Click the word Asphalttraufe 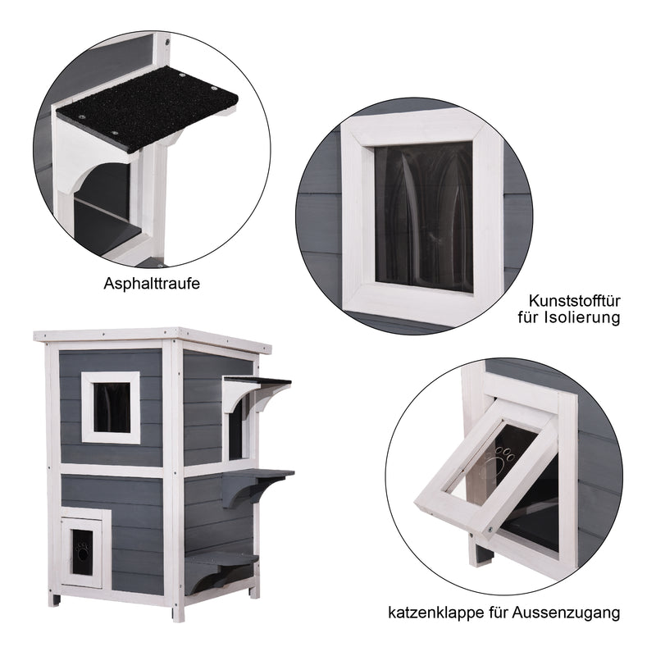152,283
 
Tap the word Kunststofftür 574,300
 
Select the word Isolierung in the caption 582,317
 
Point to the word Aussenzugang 566,613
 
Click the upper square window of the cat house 111,407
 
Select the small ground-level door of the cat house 82,552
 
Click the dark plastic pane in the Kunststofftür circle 424,216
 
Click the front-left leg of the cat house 54,599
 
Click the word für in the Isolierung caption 529,317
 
